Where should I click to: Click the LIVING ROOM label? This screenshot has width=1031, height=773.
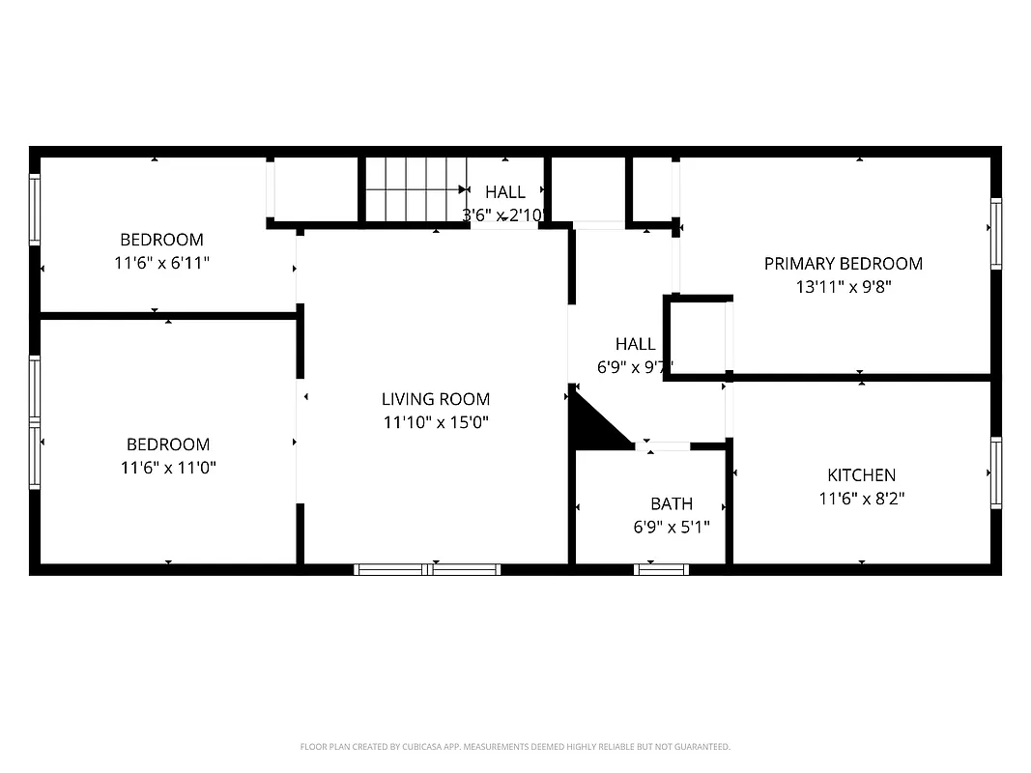[x=435, y=399]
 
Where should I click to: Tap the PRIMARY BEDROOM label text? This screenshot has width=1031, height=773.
[x=843, y=264]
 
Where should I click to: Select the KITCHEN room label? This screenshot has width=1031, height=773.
[x=861, y=475]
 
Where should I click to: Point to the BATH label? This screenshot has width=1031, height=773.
[x=671, y=504]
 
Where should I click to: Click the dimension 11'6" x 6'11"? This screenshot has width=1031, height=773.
[x=161, y=263]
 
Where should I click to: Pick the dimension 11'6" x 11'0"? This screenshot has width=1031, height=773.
[x=168, y=468]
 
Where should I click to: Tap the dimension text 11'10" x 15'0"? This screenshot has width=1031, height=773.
[x=435, y=422]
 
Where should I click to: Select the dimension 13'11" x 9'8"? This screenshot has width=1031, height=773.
[x=843, y=287]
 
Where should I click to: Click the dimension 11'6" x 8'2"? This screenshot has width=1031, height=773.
[x=861, y=499]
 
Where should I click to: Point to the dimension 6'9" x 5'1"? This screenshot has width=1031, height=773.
[x=671, y=528]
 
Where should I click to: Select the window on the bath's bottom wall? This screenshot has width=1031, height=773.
[x=662, y=569]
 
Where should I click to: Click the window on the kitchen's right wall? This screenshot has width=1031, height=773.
[x=995, y=472]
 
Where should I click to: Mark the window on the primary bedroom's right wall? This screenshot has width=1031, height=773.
[x=995, y=233]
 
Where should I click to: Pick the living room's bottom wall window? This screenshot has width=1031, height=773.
[x=427, y=569]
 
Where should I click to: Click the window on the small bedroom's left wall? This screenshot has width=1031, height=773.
[x=36, y=209]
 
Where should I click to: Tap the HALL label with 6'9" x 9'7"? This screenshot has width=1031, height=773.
[x=636, y=344]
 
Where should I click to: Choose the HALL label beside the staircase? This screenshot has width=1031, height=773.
[x=505, y=192]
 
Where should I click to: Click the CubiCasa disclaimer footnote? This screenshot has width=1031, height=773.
[x=515, y=747]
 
